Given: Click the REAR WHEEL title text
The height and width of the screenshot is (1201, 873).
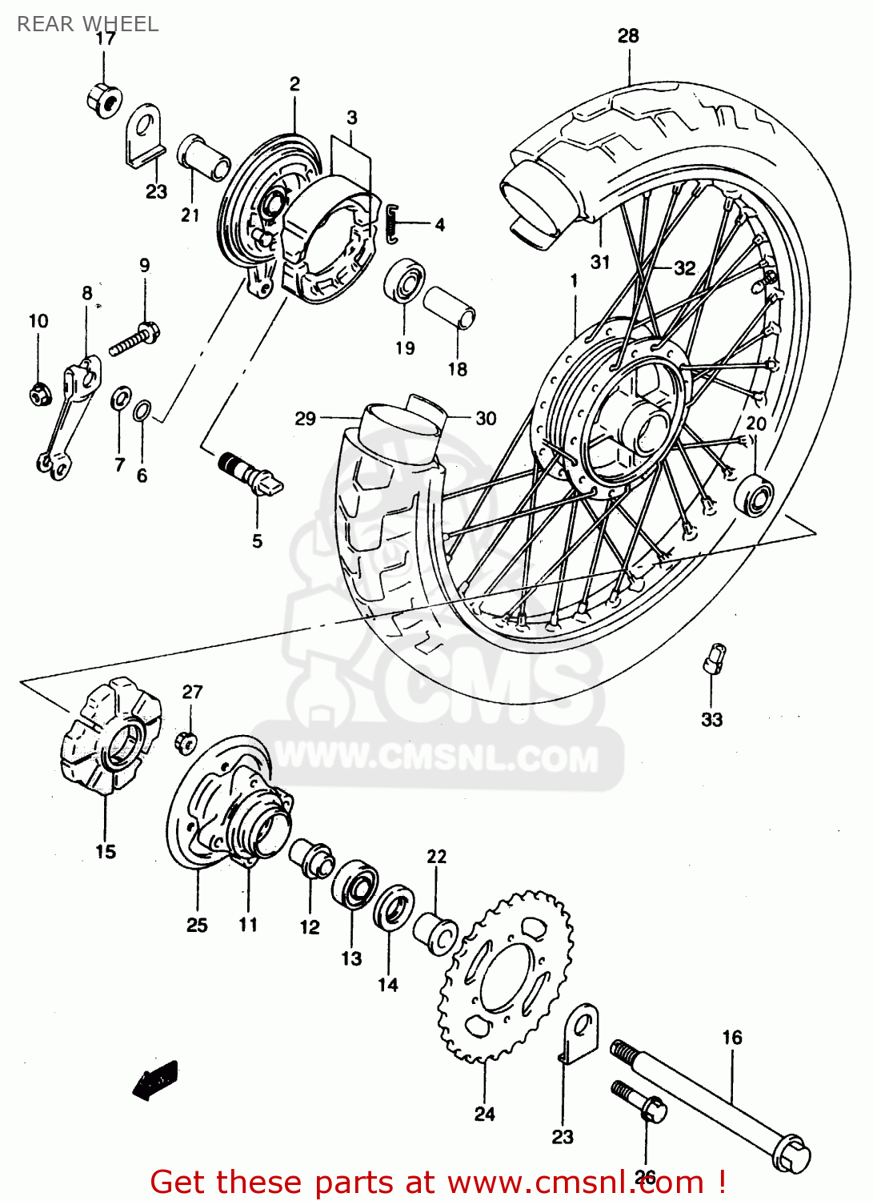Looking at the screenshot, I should point(87,24).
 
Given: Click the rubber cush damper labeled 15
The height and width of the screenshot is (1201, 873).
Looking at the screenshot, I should point(110,735).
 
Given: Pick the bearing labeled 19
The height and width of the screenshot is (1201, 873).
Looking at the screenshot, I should point(404,281).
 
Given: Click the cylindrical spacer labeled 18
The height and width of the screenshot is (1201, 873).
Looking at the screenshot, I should point(449,308).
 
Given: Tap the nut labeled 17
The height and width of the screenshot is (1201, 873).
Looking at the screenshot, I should point(104,100).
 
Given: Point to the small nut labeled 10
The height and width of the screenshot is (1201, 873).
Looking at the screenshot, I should point(39,393).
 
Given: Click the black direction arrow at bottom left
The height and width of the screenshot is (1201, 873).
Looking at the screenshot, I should point(155,1080).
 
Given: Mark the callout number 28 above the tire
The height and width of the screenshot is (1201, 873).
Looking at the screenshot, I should point(628,35).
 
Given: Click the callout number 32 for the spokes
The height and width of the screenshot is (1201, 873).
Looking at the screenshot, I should point(684,267).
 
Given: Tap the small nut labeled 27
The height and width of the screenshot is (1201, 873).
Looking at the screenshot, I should point(186,742).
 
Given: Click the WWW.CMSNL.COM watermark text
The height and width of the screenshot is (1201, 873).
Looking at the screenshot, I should point(437,757).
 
